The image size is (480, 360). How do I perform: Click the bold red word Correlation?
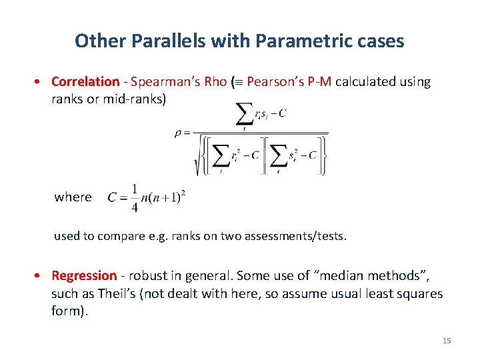85,82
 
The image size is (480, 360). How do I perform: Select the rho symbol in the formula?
178,133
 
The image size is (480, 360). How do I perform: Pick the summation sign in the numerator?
244,115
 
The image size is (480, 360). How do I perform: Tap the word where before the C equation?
73,197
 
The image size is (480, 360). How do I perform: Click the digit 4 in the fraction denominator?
135,209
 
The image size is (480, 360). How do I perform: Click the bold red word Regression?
84,276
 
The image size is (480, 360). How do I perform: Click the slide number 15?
447,341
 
